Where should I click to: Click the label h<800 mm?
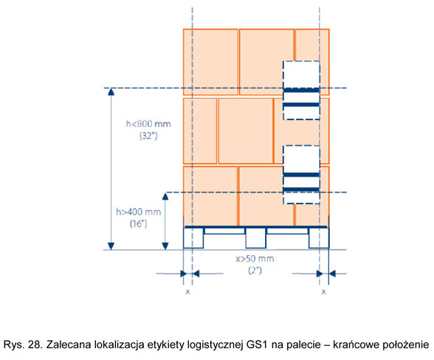(x=148, y=123)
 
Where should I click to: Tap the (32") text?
(x=148, y=136)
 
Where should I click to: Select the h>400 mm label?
(x=139, y=212)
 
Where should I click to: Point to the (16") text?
(x=139, y=224)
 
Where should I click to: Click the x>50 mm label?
(x=255, y=259)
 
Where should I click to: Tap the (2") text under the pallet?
(x=255, y=270)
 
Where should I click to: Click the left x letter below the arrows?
(x=187, y=291)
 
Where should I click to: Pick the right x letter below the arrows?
(x=323, y=291)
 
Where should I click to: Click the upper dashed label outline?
(x=283, y=90)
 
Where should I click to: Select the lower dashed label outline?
(x=283, y=175)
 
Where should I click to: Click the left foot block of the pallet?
(x=193, y=238)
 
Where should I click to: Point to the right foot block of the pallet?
(x=319, y=238)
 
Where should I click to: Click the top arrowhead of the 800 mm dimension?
(x=111, y=91)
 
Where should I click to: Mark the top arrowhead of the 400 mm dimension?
(x=165, y=196)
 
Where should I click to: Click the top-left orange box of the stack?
(x=210, y=62)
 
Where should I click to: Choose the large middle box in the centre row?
(x=246, y=131)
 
